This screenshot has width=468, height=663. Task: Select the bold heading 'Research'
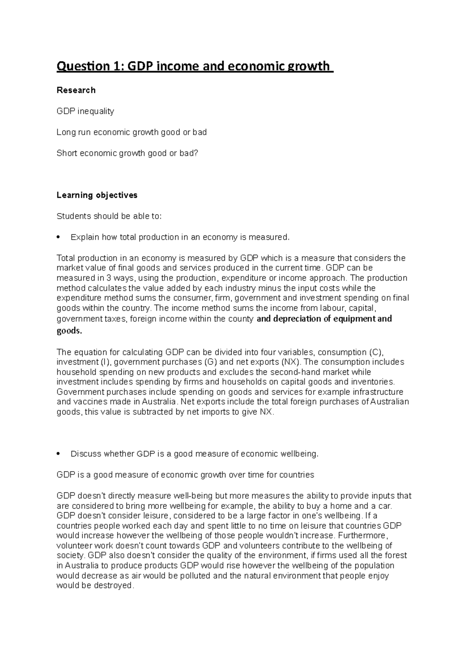point(76,90)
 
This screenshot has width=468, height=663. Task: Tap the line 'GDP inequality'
point(85,111)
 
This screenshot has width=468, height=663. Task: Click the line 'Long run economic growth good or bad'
point(131,132)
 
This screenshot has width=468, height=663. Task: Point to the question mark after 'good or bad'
point(197,153)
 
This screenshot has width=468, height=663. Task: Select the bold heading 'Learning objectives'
point(97,195)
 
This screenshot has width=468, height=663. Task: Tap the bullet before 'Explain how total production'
point(58,237)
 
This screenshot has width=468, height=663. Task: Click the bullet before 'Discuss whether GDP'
point(58,454)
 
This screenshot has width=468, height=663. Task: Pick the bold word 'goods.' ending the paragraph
point(69,331)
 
